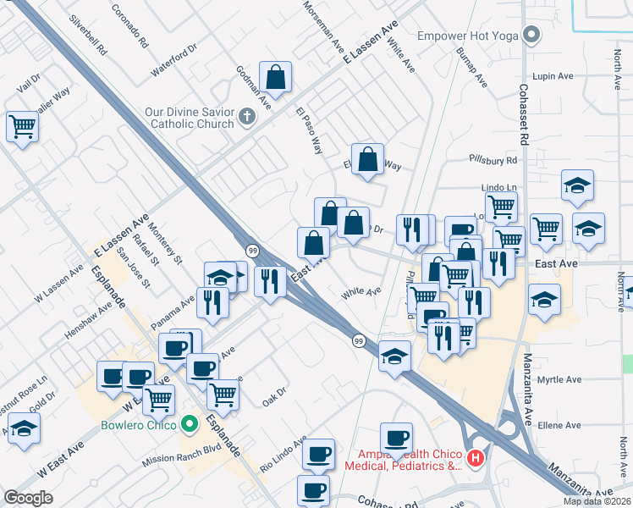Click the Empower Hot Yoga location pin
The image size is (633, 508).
(x=531, y=36)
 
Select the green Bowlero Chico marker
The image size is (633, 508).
(x=190, y=424)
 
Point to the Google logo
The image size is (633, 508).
(x=28, y=497)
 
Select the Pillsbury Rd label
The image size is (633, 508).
(x=493, y=159)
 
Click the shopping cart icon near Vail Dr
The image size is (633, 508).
(x=22, y=127)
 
